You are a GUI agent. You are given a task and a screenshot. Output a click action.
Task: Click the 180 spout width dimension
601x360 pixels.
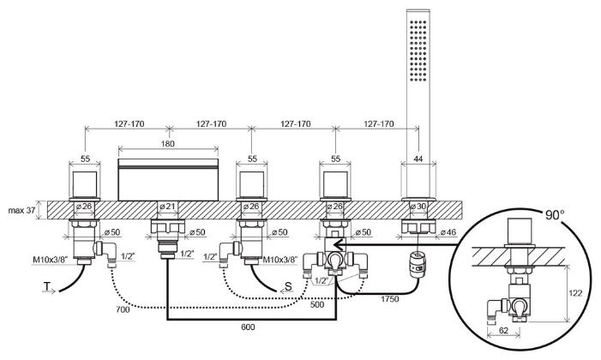coord(168,144)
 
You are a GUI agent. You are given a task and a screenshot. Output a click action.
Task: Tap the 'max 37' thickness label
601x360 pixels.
coord(21,210)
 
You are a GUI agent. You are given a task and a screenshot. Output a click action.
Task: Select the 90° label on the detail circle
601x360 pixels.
coord(555,214)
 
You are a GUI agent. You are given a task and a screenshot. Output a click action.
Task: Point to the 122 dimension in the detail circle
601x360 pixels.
coord(575,293)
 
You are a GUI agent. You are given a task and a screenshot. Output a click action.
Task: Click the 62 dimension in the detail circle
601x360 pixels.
coord(503,331)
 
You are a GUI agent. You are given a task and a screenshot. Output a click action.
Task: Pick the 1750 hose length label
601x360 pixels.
coord(389,299)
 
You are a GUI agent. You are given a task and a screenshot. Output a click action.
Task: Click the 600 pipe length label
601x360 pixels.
coord(248,327)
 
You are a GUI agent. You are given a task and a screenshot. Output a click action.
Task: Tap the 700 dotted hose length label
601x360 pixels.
coord(123,309)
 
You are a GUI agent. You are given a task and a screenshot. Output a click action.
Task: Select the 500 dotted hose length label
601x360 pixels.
coord(317,304)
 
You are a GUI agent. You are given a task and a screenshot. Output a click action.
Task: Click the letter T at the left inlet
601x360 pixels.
coord(47,286)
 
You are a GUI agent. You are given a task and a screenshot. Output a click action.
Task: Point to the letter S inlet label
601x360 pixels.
coord(288,286)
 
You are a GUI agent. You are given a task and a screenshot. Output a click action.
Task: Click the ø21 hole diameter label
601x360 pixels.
coord(167,207)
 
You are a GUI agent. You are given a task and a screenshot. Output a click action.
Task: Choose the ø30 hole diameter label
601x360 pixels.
coord(418,207)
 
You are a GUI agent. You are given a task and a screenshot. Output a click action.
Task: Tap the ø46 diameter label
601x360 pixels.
coord(448,232)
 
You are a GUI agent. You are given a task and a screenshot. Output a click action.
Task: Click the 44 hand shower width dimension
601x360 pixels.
coord(418,159)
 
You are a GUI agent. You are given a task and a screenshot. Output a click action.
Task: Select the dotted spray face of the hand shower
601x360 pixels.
coord(418,51)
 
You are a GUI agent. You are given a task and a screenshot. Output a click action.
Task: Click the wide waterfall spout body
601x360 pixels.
coord(168,179)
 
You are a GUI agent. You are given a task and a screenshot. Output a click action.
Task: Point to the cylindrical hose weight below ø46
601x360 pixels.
coord(417,263)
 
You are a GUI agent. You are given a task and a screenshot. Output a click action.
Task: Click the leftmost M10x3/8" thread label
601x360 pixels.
coord(51,260)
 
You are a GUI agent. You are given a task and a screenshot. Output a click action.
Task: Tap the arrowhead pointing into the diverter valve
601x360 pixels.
coord(338,244)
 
